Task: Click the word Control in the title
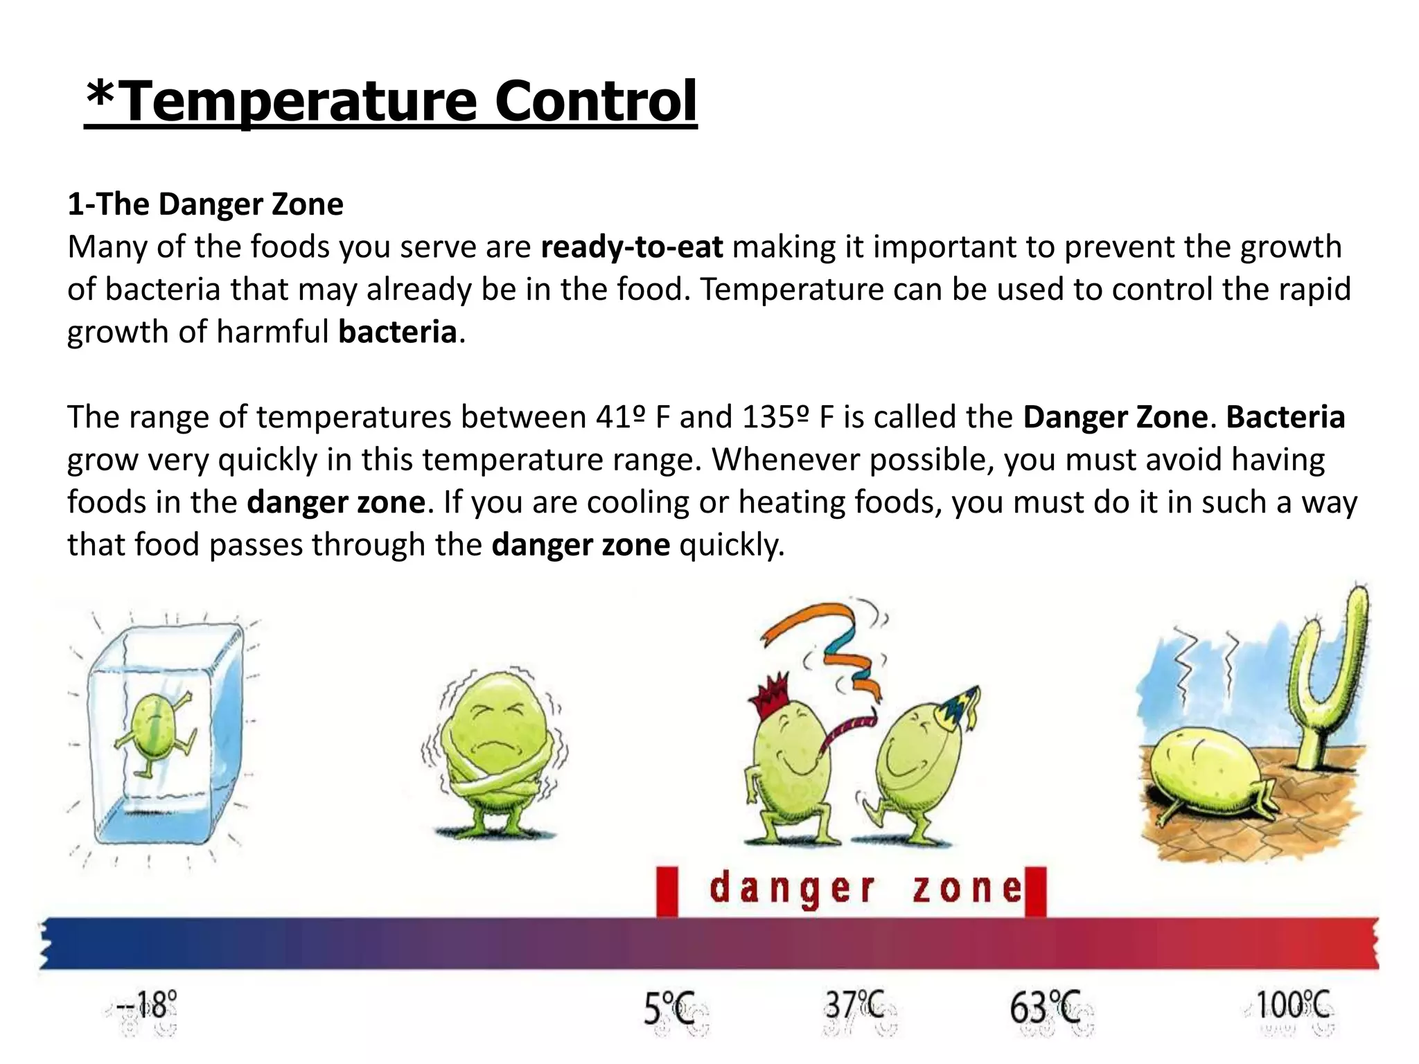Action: [x=595, y=101]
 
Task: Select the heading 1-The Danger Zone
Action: [x=205, y=204]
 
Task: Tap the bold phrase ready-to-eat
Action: [x=631, y=247]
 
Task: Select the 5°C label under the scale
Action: [x=669, y=1009]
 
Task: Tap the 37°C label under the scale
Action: [x=854, y=1005]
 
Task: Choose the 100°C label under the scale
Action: [x=1293, y=1005]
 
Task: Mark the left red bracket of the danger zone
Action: [x=667, y=891]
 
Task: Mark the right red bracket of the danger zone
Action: [x=1035, y=891]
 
